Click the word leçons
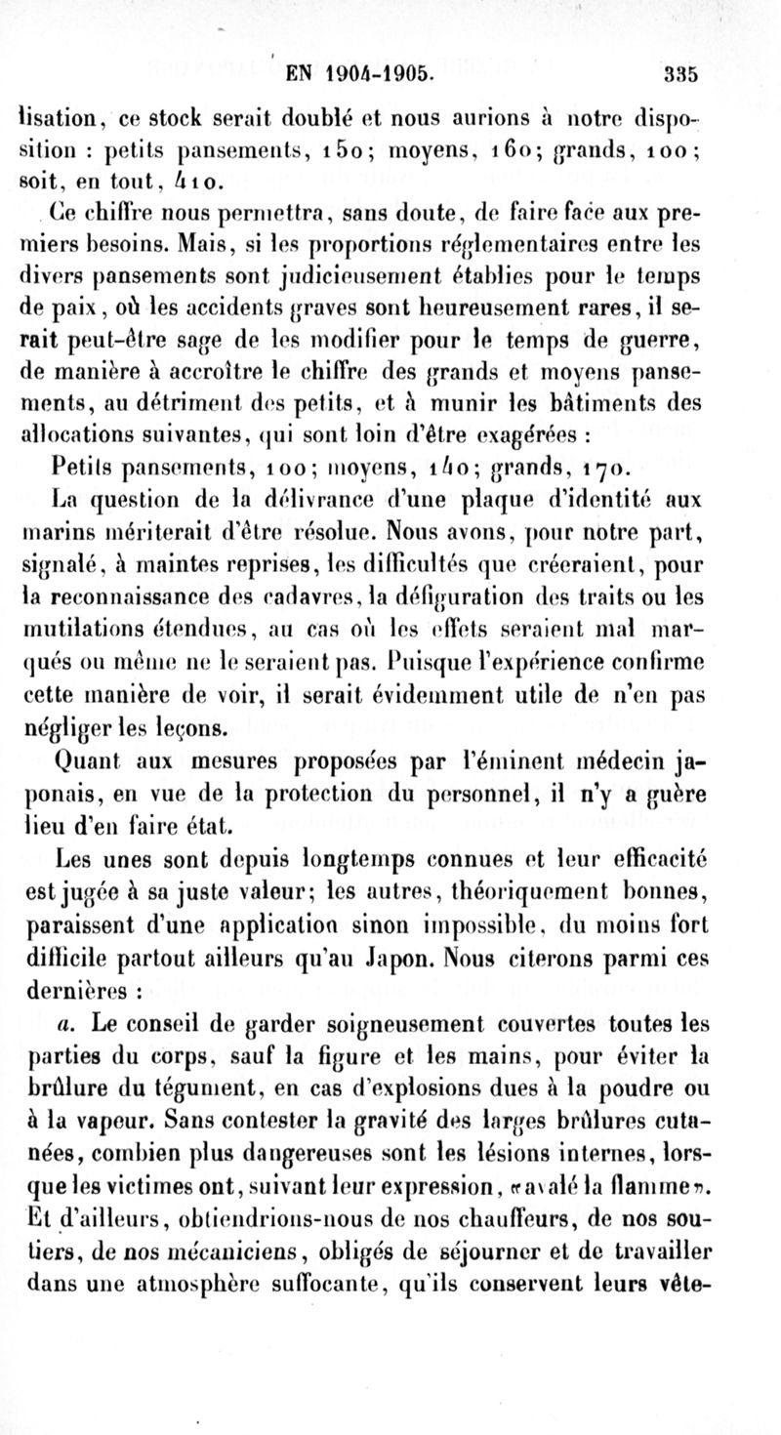click(200, 726)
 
